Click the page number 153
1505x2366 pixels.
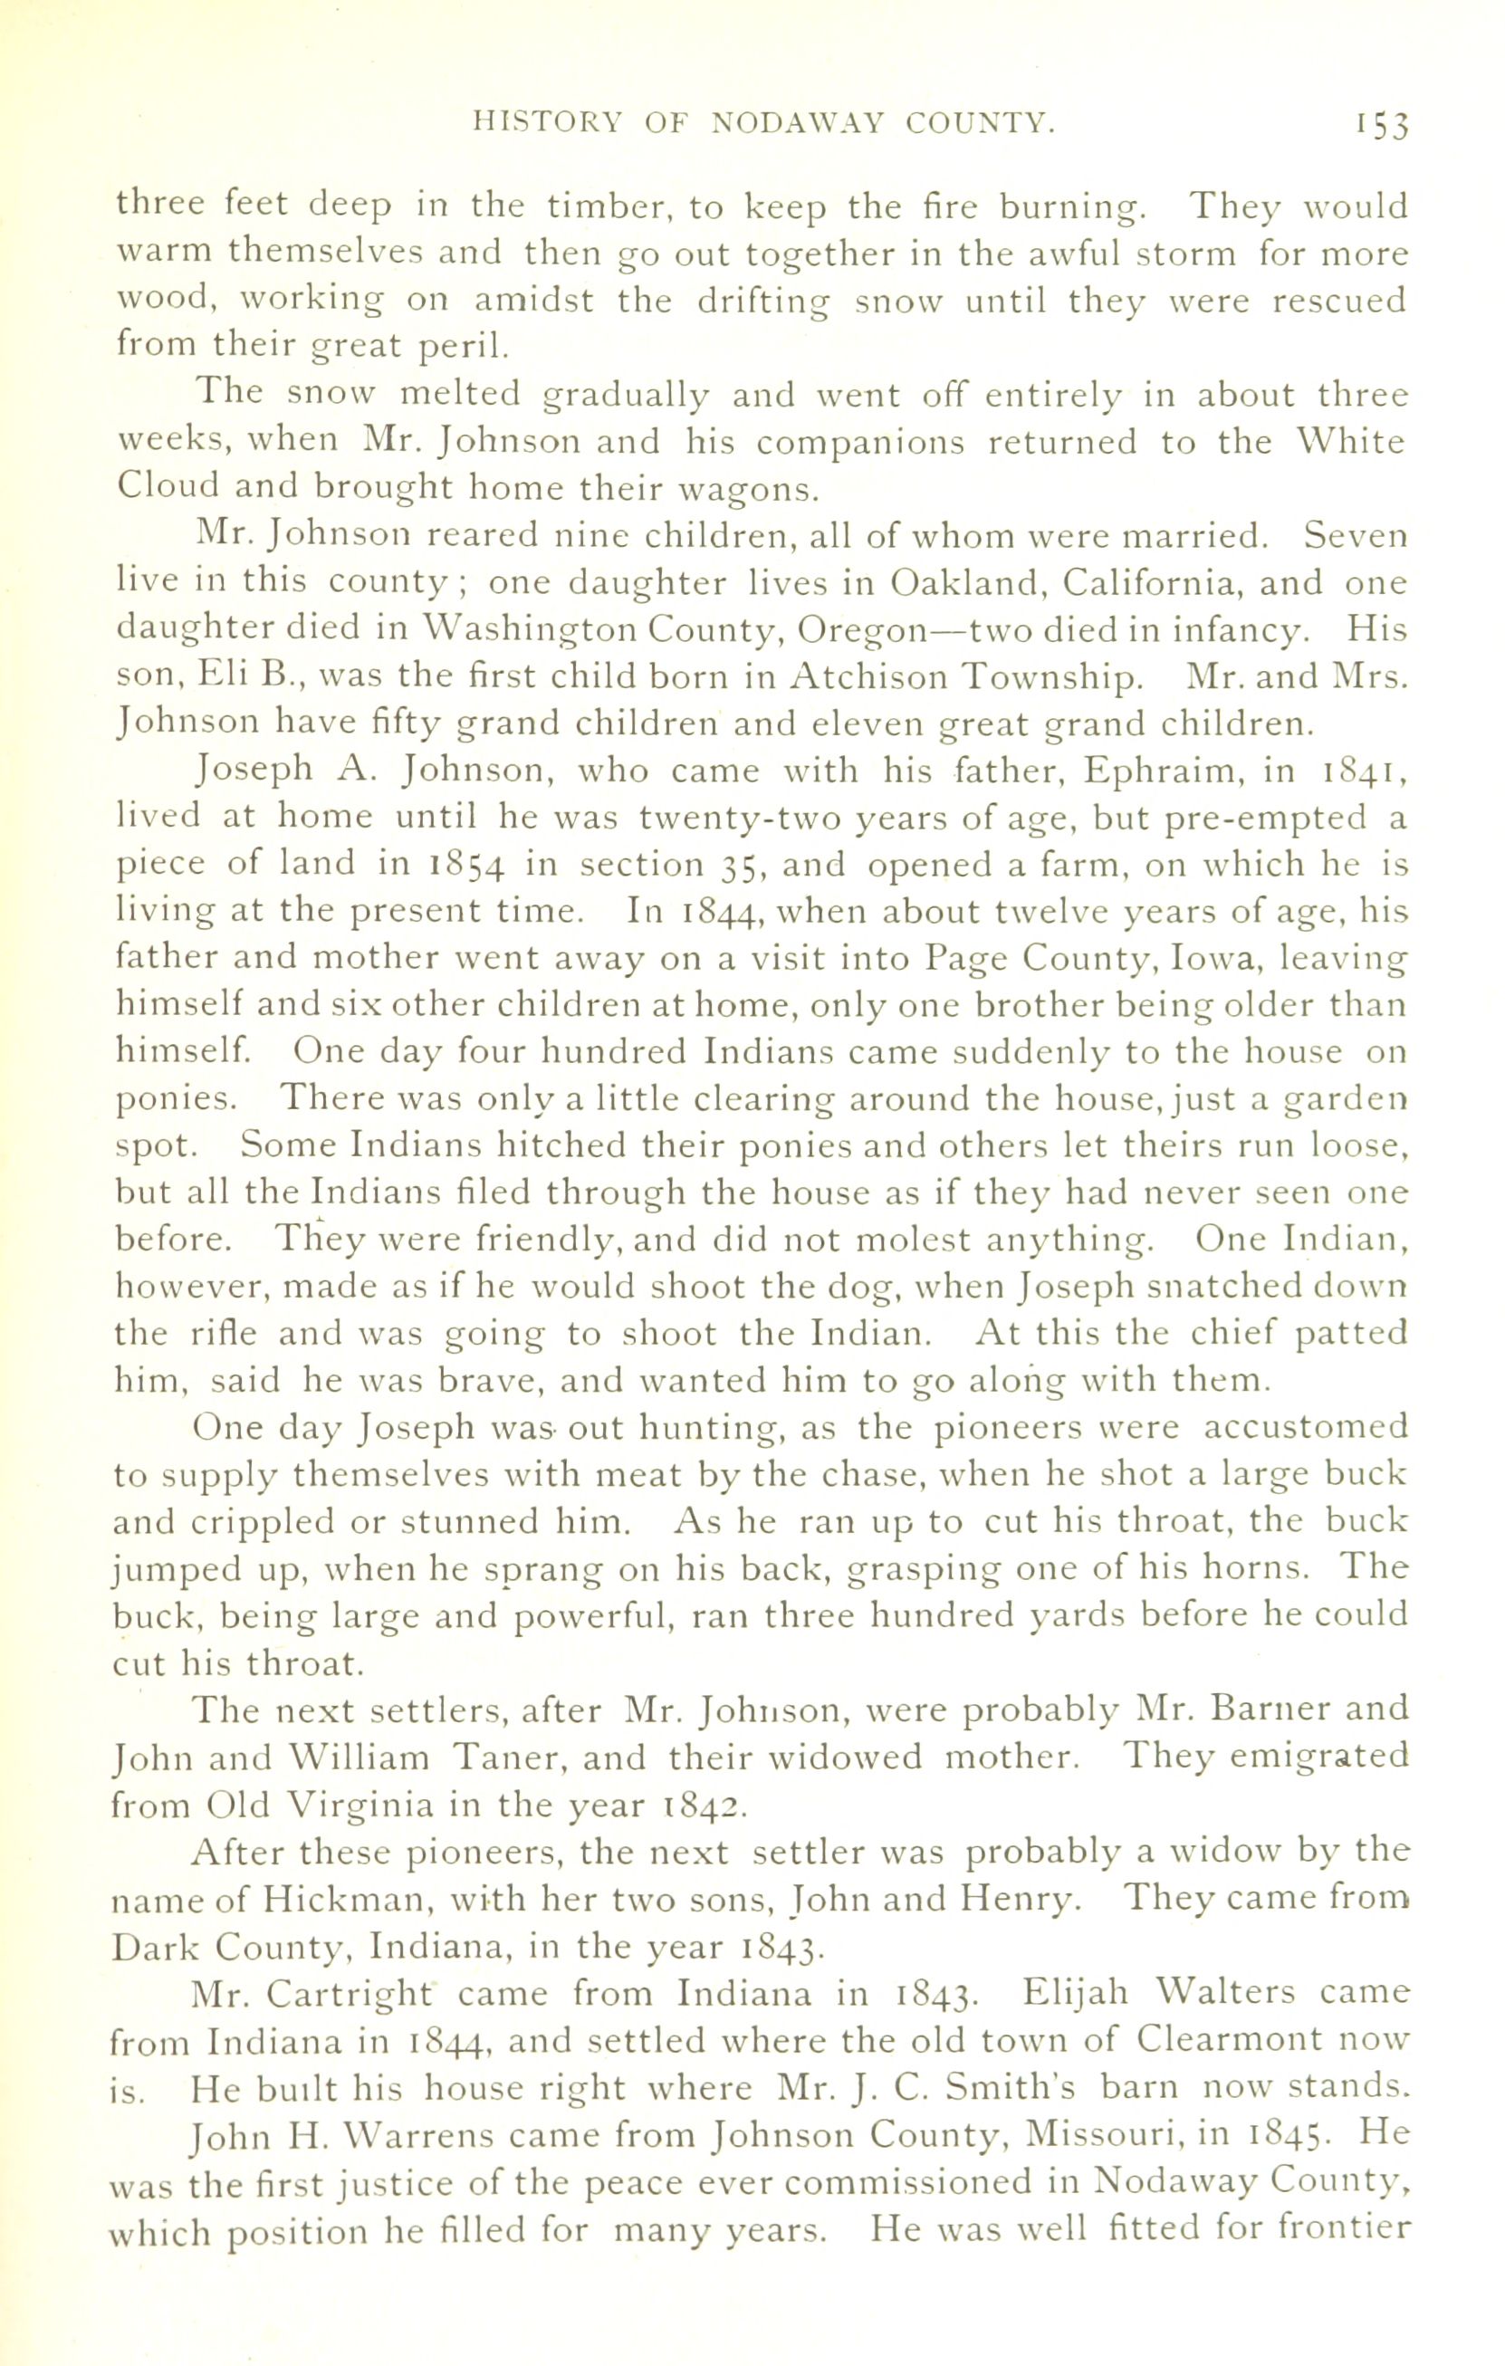coord(1379,125)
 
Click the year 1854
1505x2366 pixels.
coord(466,865)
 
